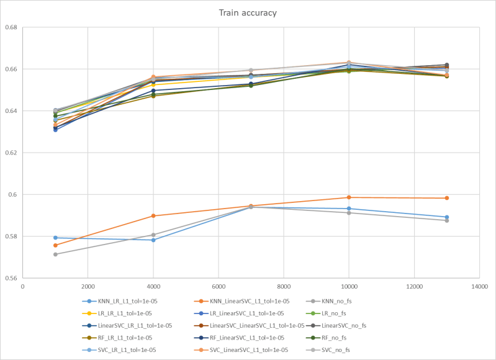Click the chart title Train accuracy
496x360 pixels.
248,12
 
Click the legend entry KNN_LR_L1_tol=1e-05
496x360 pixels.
127,300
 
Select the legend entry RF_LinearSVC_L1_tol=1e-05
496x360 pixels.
248,338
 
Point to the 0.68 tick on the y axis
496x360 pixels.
11,27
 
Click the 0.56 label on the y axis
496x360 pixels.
11,278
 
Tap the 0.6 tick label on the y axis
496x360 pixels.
12,194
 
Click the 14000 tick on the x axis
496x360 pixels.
479,286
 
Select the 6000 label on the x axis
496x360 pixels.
218,286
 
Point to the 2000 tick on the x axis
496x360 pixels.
88,286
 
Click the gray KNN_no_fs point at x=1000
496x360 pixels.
55,254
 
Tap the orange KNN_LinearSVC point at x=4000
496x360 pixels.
153,216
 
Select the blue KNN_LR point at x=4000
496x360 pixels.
153,240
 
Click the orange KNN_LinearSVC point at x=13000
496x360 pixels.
446,198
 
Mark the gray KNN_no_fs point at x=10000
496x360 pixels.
348,213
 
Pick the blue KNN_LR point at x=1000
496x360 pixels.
55,238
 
